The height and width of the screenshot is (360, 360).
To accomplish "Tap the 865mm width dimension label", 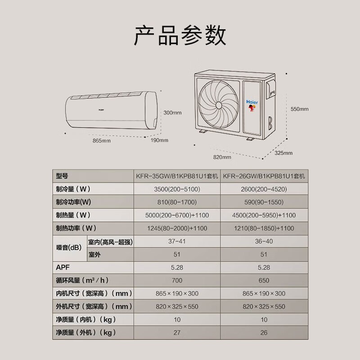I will click(x=101, y=141).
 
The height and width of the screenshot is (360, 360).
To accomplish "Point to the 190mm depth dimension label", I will click(x=159, y=140).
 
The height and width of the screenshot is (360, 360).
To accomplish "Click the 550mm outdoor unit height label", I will click(x=299, y=109).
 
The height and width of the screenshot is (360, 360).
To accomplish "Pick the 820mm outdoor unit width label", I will click(x=222, y=157).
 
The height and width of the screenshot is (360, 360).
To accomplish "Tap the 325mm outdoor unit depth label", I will click(x=283, y=153).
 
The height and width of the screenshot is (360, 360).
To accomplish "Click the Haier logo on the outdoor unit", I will click(x=252, y=102).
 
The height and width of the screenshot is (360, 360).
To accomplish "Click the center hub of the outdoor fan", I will click(x=218, y=104).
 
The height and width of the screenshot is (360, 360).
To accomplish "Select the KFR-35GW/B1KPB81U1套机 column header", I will click(x=177, y=176).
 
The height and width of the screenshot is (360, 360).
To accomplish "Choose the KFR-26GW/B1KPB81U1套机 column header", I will click(x=264, y=176).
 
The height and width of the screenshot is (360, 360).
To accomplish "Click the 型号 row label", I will click(x=62, y=176).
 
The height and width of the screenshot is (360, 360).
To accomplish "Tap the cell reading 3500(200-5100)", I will click(x=177, y=189).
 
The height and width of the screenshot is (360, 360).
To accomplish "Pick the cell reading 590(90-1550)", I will click(x=264, y=202).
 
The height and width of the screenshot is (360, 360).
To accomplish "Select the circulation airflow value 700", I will click(x=177, y=280).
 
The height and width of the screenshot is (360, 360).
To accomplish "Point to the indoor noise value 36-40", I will click(x=264, y=242).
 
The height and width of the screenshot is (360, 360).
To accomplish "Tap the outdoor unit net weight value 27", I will click(x=177, y=333).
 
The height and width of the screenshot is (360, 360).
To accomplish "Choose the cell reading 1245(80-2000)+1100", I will click(x=177, y=229).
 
